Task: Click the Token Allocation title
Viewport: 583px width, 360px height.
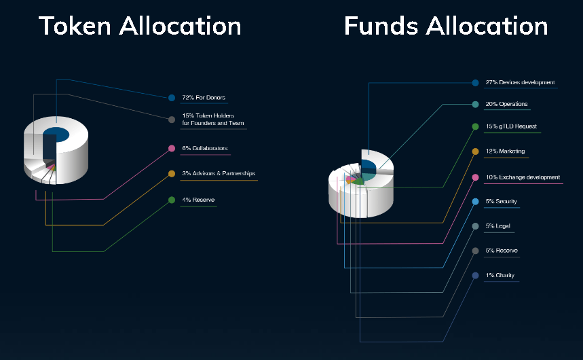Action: (140, 26)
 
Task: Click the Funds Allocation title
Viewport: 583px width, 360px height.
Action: (446, 26)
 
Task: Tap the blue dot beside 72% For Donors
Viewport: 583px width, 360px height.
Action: (172, 98)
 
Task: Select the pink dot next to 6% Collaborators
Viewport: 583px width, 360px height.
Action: (172, 149)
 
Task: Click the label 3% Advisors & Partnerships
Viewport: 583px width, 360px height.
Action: (219, 173)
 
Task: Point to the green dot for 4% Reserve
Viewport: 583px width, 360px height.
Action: (172, 200)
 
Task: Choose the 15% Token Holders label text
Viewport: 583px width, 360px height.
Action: (213, 119)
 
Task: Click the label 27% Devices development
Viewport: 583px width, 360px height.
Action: (520, 82)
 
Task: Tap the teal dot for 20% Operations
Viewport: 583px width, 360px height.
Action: (475, 105)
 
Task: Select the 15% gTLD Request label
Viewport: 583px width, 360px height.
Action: (511, 126)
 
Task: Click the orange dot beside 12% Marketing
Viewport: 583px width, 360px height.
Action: (475, 151)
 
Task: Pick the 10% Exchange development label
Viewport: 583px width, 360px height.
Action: (523, 177)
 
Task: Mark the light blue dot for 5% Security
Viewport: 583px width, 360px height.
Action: (475, 202)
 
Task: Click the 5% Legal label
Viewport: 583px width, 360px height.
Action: (498, 226)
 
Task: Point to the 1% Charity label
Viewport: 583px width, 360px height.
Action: (500, 275)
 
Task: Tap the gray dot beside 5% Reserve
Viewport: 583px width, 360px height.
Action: (475, 251)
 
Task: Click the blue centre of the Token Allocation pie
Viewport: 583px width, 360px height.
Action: (56, 134)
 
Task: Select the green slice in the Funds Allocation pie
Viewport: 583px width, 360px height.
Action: (359, 181)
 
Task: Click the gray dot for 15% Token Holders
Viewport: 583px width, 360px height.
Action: (172, 120)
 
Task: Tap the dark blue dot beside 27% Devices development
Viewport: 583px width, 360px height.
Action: (475, 83)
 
